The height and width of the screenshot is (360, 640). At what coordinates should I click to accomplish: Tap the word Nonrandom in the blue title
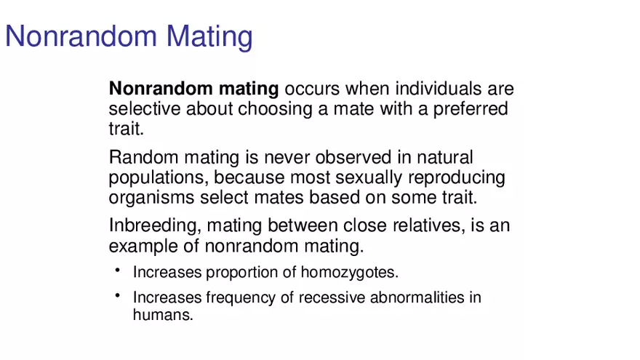click(81, 36)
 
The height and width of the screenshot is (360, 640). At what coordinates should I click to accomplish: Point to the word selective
click(145, 109)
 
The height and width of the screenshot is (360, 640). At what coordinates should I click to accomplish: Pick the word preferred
click(471, 109)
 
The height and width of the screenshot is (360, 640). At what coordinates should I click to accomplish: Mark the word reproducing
click(456, 178)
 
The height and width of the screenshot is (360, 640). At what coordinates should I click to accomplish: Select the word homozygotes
click(349, 273)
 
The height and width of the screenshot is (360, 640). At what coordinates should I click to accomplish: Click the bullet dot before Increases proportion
click(118, 270)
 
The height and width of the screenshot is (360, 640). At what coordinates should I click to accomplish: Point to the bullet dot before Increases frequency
click(118, 295)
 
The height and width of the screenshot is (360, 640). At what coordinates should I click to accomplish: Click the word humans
click(163, 315)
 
